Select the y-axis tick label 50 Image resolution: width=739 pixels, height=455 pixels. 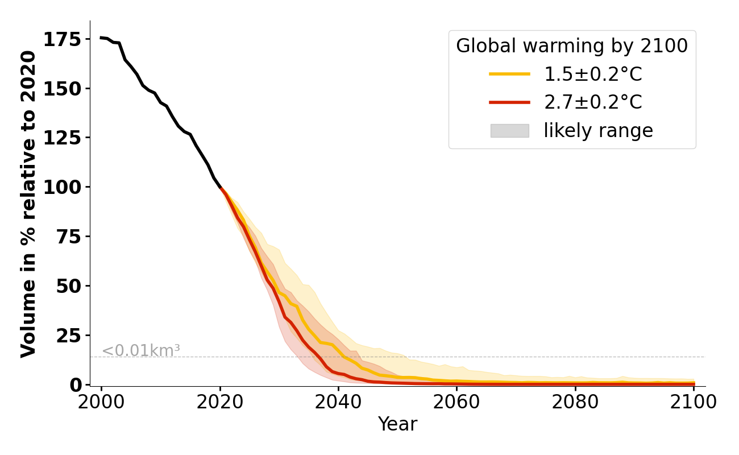click(69, 286)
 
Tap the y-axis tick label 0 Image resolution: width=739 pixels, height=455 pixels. click(76, 384)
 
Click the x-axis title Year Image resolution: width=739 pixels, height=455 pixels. click(397, 424)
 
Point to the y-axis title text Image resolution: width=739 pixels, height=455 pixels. click(28, 204)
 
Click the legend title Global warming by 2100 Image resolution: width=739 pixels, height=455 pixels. click(572, 46)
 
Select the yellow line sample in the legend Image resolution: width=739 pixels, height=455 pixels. click(509, 74)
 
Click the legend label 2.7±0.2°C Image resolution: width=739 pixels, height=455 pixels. click(593, 102)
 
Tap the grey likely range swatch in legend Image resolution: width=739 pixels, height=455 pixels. click(509, 131)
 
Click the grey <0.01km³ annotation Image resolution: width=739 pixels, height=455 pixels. click(141, 351)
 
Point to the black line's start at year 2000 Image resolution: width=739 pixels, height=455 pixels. click(101, 38)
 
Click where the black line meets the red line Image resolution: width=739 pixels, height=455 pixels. click(221, 188)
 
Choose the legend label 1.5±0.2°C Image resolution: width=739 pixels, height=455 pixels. click(593, 74)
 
